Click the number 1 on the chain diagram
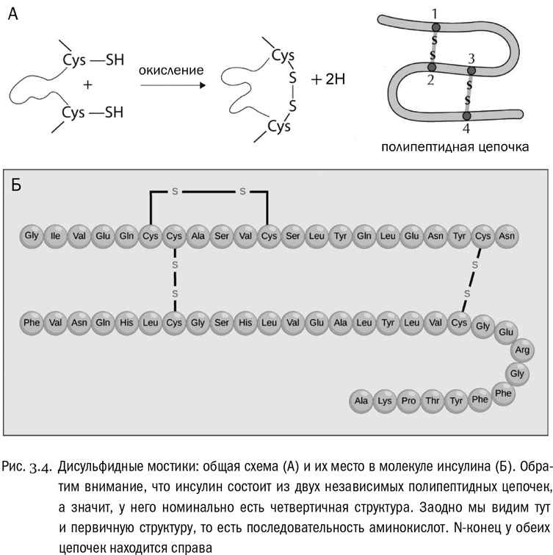tap(435, 13)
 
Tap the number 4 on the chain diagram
tap(466, 129)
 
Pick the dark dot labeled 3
tap(471, 71)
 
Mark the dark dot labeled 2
tap(432, 68)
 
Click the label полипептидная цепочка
tap(455, 147)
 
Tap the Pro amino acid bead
tap(409, 401)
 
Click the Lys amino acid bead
tap(385, 401)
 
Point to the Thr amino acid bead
tap(433, 401)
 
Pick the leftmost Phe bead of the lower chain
tap(31, 323)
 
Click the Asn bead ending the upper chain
tap(506, 236)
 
